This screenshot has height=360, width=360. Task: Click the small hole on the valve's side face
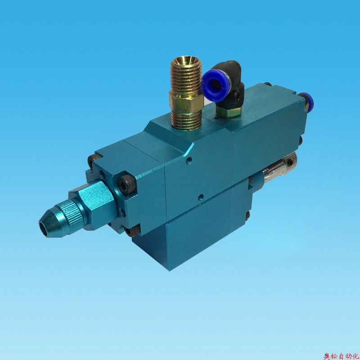point(201,196)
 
